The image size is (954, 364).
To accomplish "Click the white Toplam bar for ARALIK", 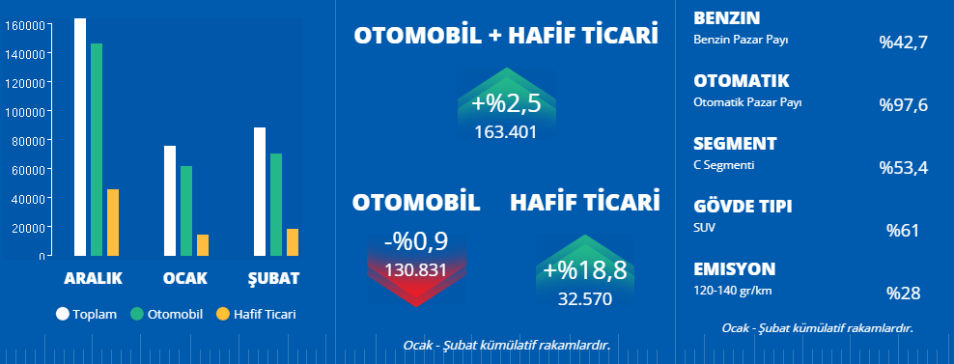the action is coord(80,137).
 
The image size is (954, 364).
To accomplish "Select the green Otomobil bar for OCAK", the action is coord(186,210).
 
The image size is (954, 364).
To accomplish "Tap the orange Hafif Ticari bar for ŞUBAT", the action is coord(293,242).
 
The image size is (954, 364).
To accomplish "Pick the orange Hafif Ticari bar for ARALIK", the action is coord(113,222).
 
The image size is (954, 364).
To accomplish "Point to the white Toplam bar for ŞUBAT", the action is coord(260,192).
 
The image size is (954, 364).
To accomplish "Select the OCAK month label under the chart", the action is coord(185,278).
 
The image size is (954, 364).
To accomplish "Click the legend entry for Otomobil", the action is coord(166,314).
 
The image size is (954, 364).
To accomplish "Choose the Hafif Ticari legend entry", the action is coord(256,314).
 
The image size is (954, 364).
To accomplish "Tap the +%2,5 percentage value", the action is coord(506,104).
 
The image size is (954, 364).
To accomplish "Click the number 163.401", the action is coord(506,132).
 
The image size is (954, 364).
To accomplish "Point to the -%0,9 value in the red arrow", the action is coord(417,242).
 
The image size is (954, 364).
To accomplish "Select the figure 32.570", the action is coord(585,299).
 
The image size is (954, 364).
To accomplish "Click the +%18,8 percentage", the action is coord(585,271).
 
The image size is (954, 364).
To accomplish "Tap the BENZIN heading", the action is coord(726,18).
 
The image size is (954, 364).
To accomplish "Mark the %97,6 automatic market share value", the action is coord(903,105).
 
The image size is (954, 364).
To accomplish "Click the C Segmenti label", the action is coord(724,165).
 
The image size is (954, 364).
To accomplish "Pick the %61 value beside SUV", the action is coord(903,231).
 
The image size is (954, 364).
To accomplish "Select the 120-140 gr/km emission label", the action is coord(733,291).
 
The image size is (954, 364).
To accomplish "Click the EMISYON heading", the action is coord(735,269).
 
